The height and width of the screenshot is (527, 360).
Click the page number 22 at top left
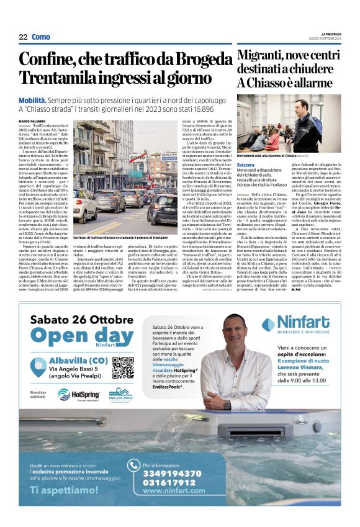tap(23, 37)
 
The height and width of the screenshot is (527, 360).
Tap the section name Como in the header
tap(40, 37)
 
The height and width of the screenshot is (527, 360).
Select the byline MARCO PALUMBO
tap(33, 121)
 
